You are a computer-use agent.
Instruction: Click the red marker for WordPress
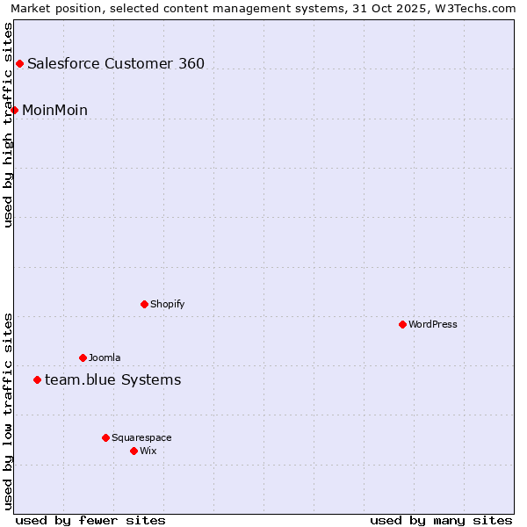point(402,324)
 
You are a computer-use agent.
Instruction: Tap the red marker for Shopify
point(144,304)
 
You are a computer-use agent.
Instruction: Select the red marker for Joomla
point(83,357)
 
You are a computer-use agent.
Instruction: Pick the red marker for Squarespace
point(105,437)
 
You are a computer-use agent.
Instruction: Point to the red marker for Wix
point(134,451)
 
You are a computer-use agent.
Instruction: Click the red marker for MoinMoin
point(15,110)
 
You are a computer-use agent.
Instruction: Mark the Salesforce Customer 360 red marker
point(19,63)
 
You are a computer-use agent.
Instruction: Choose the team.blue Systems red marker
point(37,379)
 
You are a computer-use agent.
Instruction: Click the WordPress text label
point(432,324)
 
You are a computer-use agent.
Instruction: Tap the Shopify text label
point(167,304)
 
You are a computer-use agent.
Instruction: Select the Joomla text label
point(105,357)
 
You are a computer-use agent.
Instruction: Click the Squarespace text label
point(141,437)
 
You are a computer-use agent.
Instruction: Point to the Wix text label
point(148,451)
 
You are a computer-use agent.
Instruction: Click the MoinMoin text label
point(54,110)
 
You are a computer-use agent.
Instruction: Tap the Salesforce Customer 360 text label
point(116,63)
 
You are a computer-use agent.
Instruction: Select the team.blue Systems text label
point(112,379)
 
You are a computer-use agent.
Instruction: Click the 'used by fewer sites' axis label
point(90,520)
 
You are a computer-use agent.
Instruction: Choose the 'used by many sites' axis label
point(441,520)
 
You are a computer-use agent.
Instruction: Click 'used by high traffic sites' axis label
point(8,125)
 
